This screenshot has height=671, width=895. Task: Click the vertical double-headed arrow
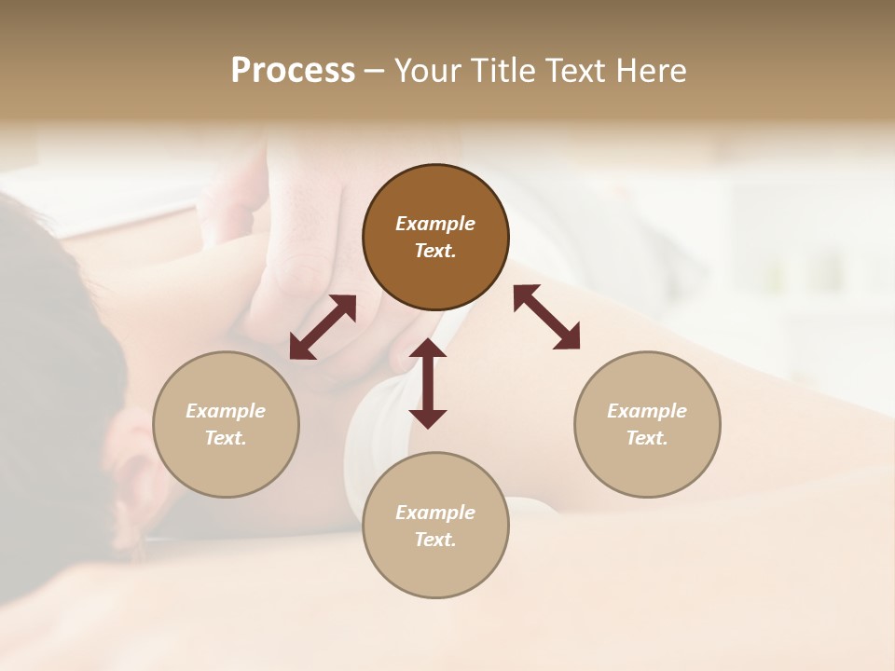pos(428,383)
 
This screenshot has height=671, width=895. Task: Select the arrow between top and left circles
pos(323,327)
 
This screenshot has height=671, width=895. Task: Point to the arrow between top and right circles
pos(546,317)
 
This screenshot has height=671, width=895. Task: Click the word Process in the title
pos(293,70)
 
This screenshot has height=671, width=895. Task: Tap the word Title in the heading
pos(500,70)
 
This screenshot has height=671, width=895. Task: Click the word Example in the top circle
pos(435,224)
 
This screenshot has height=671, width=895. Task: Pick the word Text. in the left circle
pos(226,438)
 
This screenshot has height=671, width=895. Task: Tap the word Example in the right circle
pos(647,411)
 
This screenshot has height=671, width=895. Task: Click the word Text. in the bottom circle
pos(435,540)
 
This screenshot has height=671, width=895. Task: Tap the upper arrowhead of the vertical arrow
pos(428,349)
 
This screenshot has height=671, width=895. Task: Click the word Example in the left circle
pos(226,411)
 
